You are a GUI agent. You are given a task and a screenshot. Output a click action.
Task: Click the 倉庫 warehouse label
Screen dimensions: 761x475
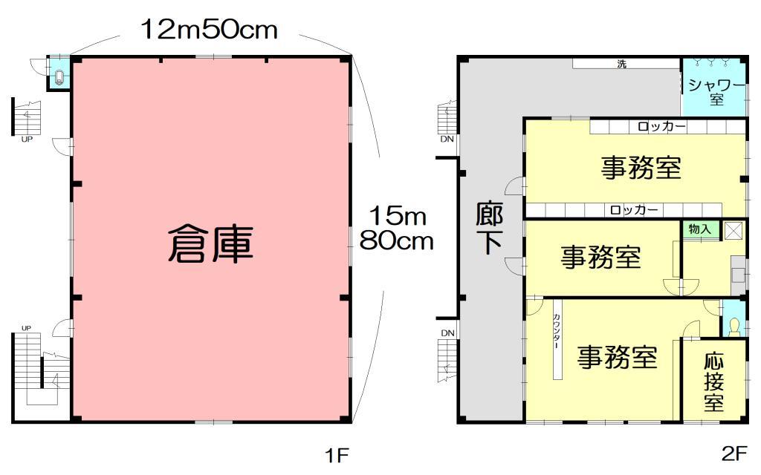coord(210,244)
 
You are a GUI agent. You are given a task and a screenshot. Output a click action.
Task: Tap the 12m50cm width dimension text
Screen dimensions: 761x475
coord(209,29)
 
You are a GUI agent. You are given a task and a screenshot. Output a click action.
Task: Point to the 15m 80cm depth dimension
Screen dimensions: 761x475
coord(397,228)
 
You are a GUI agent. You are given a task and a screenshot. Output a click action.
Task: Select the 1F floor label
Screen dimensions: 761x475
coord(337,455)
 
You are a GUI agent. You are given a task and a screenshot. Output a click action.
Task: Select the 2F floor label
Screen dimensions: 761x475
coord(734,453)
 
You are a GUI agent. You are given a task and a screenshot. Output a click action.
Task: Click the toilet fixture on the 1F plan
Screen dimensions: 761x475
coord(59,77)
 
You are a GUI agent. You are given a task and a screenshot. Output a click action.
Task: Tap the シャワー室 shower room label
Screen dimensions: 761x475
coord(716,92)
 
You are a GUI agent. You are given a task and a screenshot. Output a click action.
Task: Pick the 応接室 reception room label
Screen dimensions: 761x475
coord(713,382)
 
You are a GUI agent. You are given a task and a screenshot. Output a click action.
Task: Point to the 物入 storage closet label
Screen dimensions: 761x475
coord(699,229)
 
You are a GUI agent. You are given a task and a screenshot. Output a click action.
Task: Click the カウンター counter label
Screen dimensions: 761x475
coord(557,330)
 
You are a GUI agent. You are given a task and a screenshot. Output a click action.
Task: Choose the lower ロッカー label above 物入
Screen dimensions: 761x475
coord(634,210)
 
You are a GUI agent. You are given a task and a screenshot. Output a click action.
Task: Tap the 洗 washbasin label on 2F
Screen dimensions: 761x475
coord(622,64)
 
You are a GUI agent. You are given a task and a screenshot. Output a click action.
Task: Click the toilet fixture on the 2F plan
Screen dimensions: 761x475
coord(734,327)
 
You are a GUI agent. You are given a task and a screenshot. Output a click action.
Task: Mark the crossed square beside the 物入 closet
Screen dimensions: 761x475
coord(734,231)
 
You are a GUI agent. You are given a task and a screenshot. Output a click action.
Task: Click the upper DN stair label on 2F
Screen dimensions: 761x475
coord(447,139)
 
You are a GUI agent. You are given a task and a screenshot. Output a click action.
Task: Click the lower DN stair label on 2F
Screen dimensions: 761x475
coord(447,333)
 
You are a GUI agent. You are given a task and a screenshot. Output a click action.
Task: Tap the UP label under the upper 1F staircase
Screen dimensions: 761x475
coord(27,139)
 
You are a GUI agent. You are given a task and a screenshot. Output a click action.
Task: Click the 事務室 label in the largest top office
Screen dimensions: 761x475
coord(641,168)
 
